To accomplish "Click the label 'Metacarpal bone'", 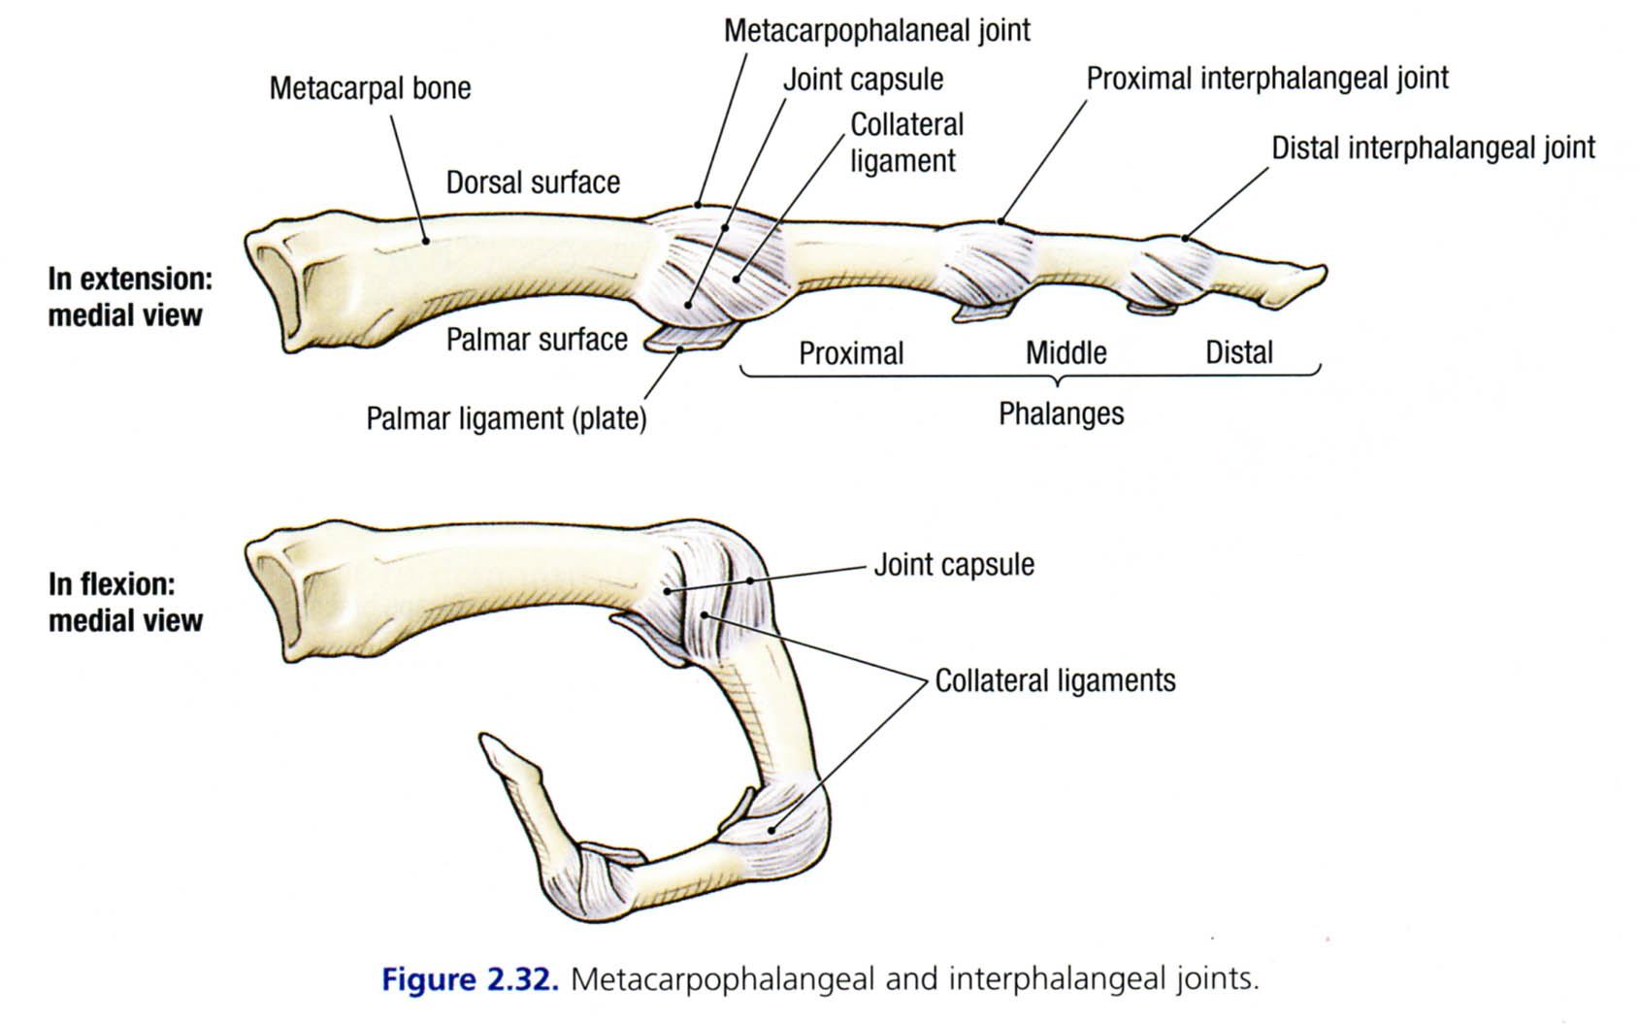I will tap(370, 88).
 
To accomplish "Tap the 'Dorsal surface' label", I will tap(533, 182).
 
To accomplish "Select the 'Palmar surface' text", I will tap(537, 340).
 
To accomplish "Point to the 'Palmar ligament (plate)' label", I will tap(506, 419).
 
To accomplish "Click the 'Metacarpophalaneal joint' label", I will tap(876, 31).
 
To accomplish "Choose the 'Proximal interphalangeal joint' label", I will tap(1266, 79).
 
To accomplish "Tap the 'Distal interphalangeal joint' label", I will tap(1432, 149).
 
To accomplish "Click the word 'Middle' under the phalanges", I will tap(1065, 352).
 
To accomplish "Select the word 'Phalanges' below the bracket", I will tap(1061, 414).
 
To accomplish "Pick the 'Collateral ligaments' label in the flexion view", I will tap(1055, 681).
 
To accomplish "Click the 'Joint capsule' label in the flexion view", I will tap(954, 565).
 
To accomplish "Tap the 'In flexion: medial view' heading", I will tap(126, 603).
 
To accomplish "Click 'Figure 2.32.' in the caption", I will tap(470, 978).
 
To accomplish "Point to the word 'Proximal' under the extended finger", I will tap(851, 353).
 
